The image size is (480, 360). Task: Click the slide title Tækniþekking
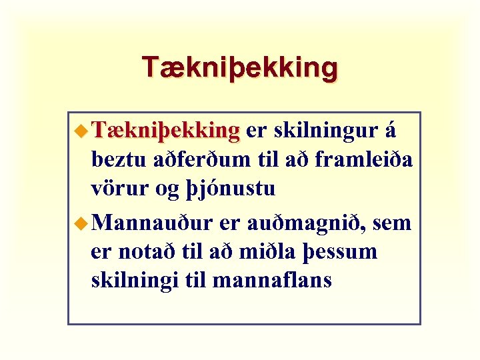pos(240,67)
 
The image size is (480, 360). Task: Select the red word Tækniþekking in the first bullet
pos(166,131)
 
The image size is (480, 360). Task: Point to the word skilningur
pos(326,132)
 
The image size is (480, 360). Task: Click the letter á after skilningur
pos(390,131)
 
